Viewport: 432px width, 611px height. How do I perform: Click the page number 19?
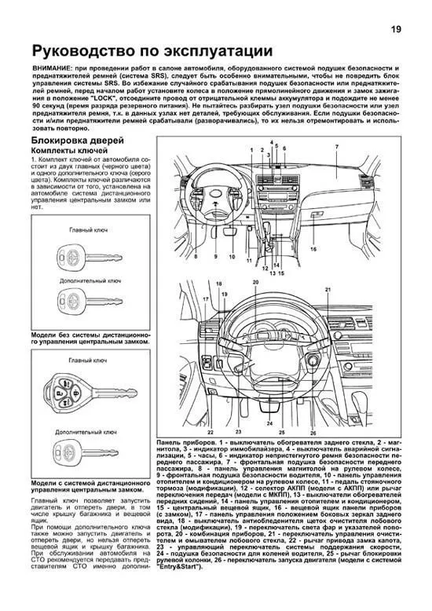tap(397, 29)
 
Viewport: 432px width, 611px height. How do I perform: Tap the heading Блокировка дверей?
tap(76, 141)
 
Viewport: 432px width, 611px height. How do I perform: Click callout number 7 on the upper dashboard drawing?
tap(335, 147)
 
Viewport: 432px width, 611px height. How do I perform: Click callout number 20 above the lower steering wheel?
tap(255, 283)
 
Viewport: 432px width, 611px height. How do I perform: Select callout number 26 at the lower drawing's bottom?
tap(313, 433)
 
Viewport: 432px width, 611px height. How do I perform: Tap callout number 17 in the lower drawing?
tap(206, 299)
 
